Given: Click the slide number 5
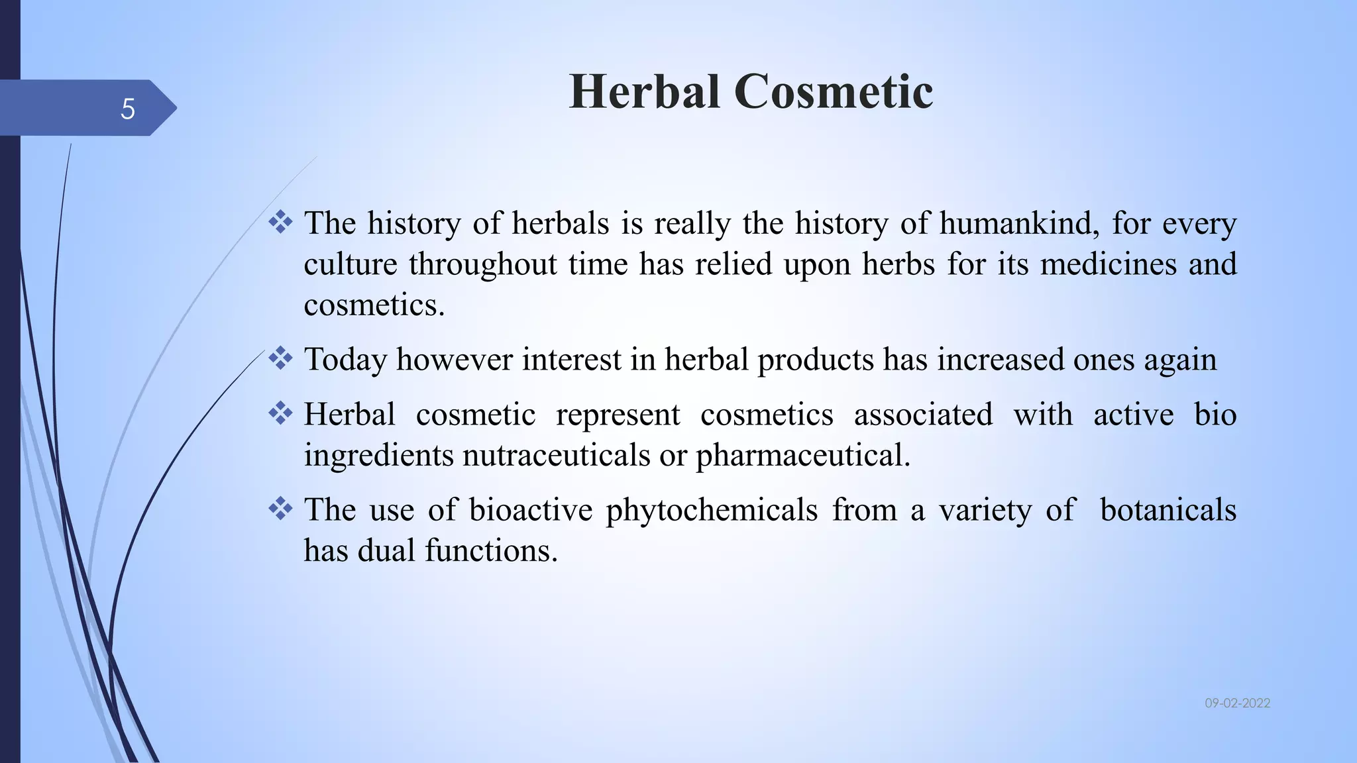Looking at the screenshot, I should pyautogui.click(x=128, y=109).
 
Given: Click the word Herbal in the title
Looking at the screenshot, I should pyautogui.click(x=644, y=91).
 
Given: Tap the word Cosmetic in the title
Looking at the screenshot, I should pyautogui.click(x=834, y=91).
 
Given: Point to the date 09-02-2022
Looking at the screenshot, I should pyautogui.click(x=1237, y=703).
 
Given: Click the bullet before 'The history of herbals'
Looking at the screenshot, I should pyautogui.click(x=280, y=222).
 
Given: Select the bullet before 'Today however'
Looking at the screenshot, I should pyautogui.click(x=280, y=358).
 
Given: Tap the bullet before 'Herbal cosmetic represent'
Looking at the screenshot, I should pyautogui.click(x=280, y=413).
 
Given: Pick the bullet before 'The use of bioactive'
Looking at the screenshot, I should pyautogui.click(x=280, y=509).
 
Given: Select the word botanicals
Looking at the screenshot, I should pyautogui.click(x=1167, y=510).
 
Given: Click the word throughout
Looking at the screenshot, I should pyautogui.click(x=482, y=265).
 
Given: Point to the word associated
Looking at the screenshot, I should pyautogui.click(x=923, y=415).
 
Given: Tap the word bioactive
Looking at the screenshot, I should pyautogui.click(x=531, y=510).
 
